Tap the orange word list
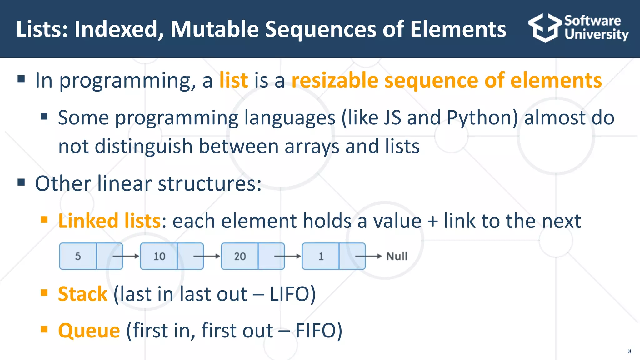click(x=233, y=80)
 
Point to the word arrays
click(x=312, y=146)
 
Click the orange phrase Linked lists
click(x=109, y=221)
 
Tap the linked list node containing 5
click(x=78, y=256)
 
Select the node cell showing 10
click(x=159, y=256)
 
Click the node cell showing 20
click(x=240, y=256)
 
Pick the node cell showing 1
click(x=321, y=256)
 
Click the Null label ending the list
click(x=397, y=256)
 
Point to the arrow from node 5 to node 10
click(x=126, y=256)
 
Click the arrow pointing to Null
click(x=369, y=256)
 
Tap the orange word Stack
click(x=82, y=294)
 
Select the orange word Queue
click(x=89, y=331)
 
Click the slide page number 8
click(x=629, y=351)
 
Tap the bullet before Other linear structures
click(x=21, y=182)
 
